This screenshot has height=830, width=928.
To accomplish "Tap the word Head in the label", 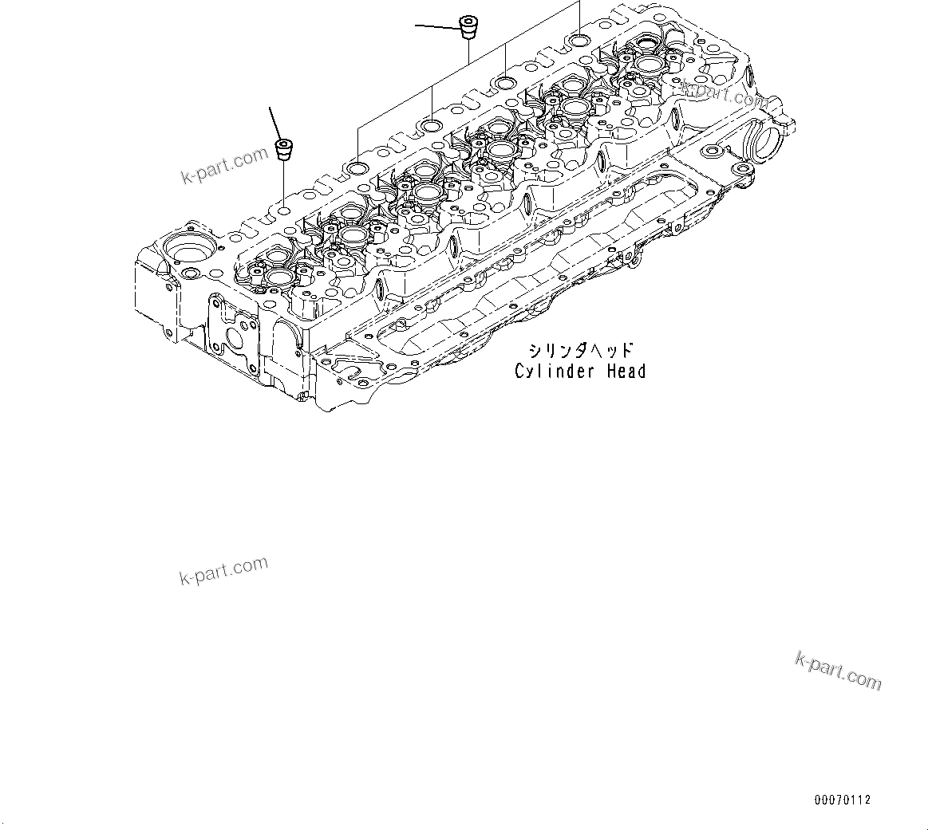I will click(x=626, y=371).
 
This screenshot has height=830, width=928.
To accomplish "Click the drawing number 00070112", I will click(x=843, y=800).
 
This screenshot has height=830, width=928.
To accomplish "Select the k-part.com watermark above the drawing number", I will click(x=838, y=671).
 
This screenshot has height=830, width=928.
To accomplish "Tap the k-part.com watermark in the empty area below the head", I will click(x=223, y=570).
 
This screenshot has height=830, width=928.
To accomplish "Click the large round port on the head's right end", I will click(x=768, y=148).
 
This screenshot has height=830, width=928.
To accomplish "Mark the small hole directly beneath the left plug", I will click(x=283, y=211).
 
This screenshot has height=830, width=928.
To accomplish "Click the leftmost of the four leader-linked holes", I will click(x=358, y=168).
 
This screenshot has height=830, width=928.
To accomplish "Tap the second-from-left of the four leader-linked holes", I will click(x=432, y=125).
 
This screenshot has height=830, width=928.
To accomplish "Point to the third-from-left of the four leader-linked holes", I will click(x=505, y=82).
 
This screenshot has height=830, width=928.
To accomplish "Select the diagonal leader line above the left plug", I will click(x=275, y=121).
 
